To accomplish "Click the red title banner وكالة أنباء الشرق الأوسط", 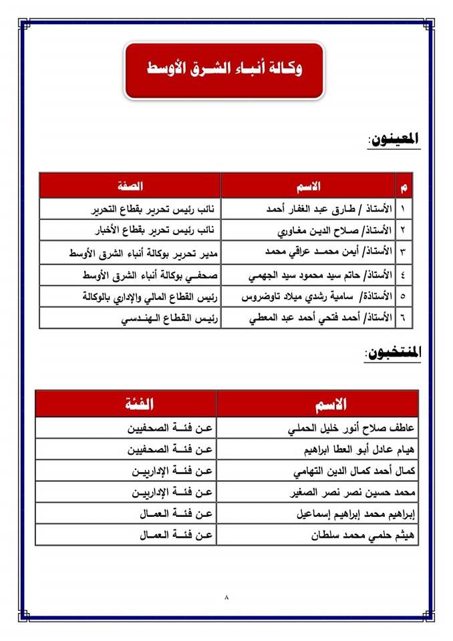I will (224, 69).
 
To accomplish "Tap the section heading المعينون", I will (394, 140).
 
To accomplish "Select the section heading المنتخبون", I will (393, 354).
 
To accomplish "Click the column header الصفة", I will (130, 185).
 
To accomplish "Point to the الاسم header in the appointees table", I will (308, 185).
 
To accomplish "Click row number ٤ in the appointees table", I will (404, 274).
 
